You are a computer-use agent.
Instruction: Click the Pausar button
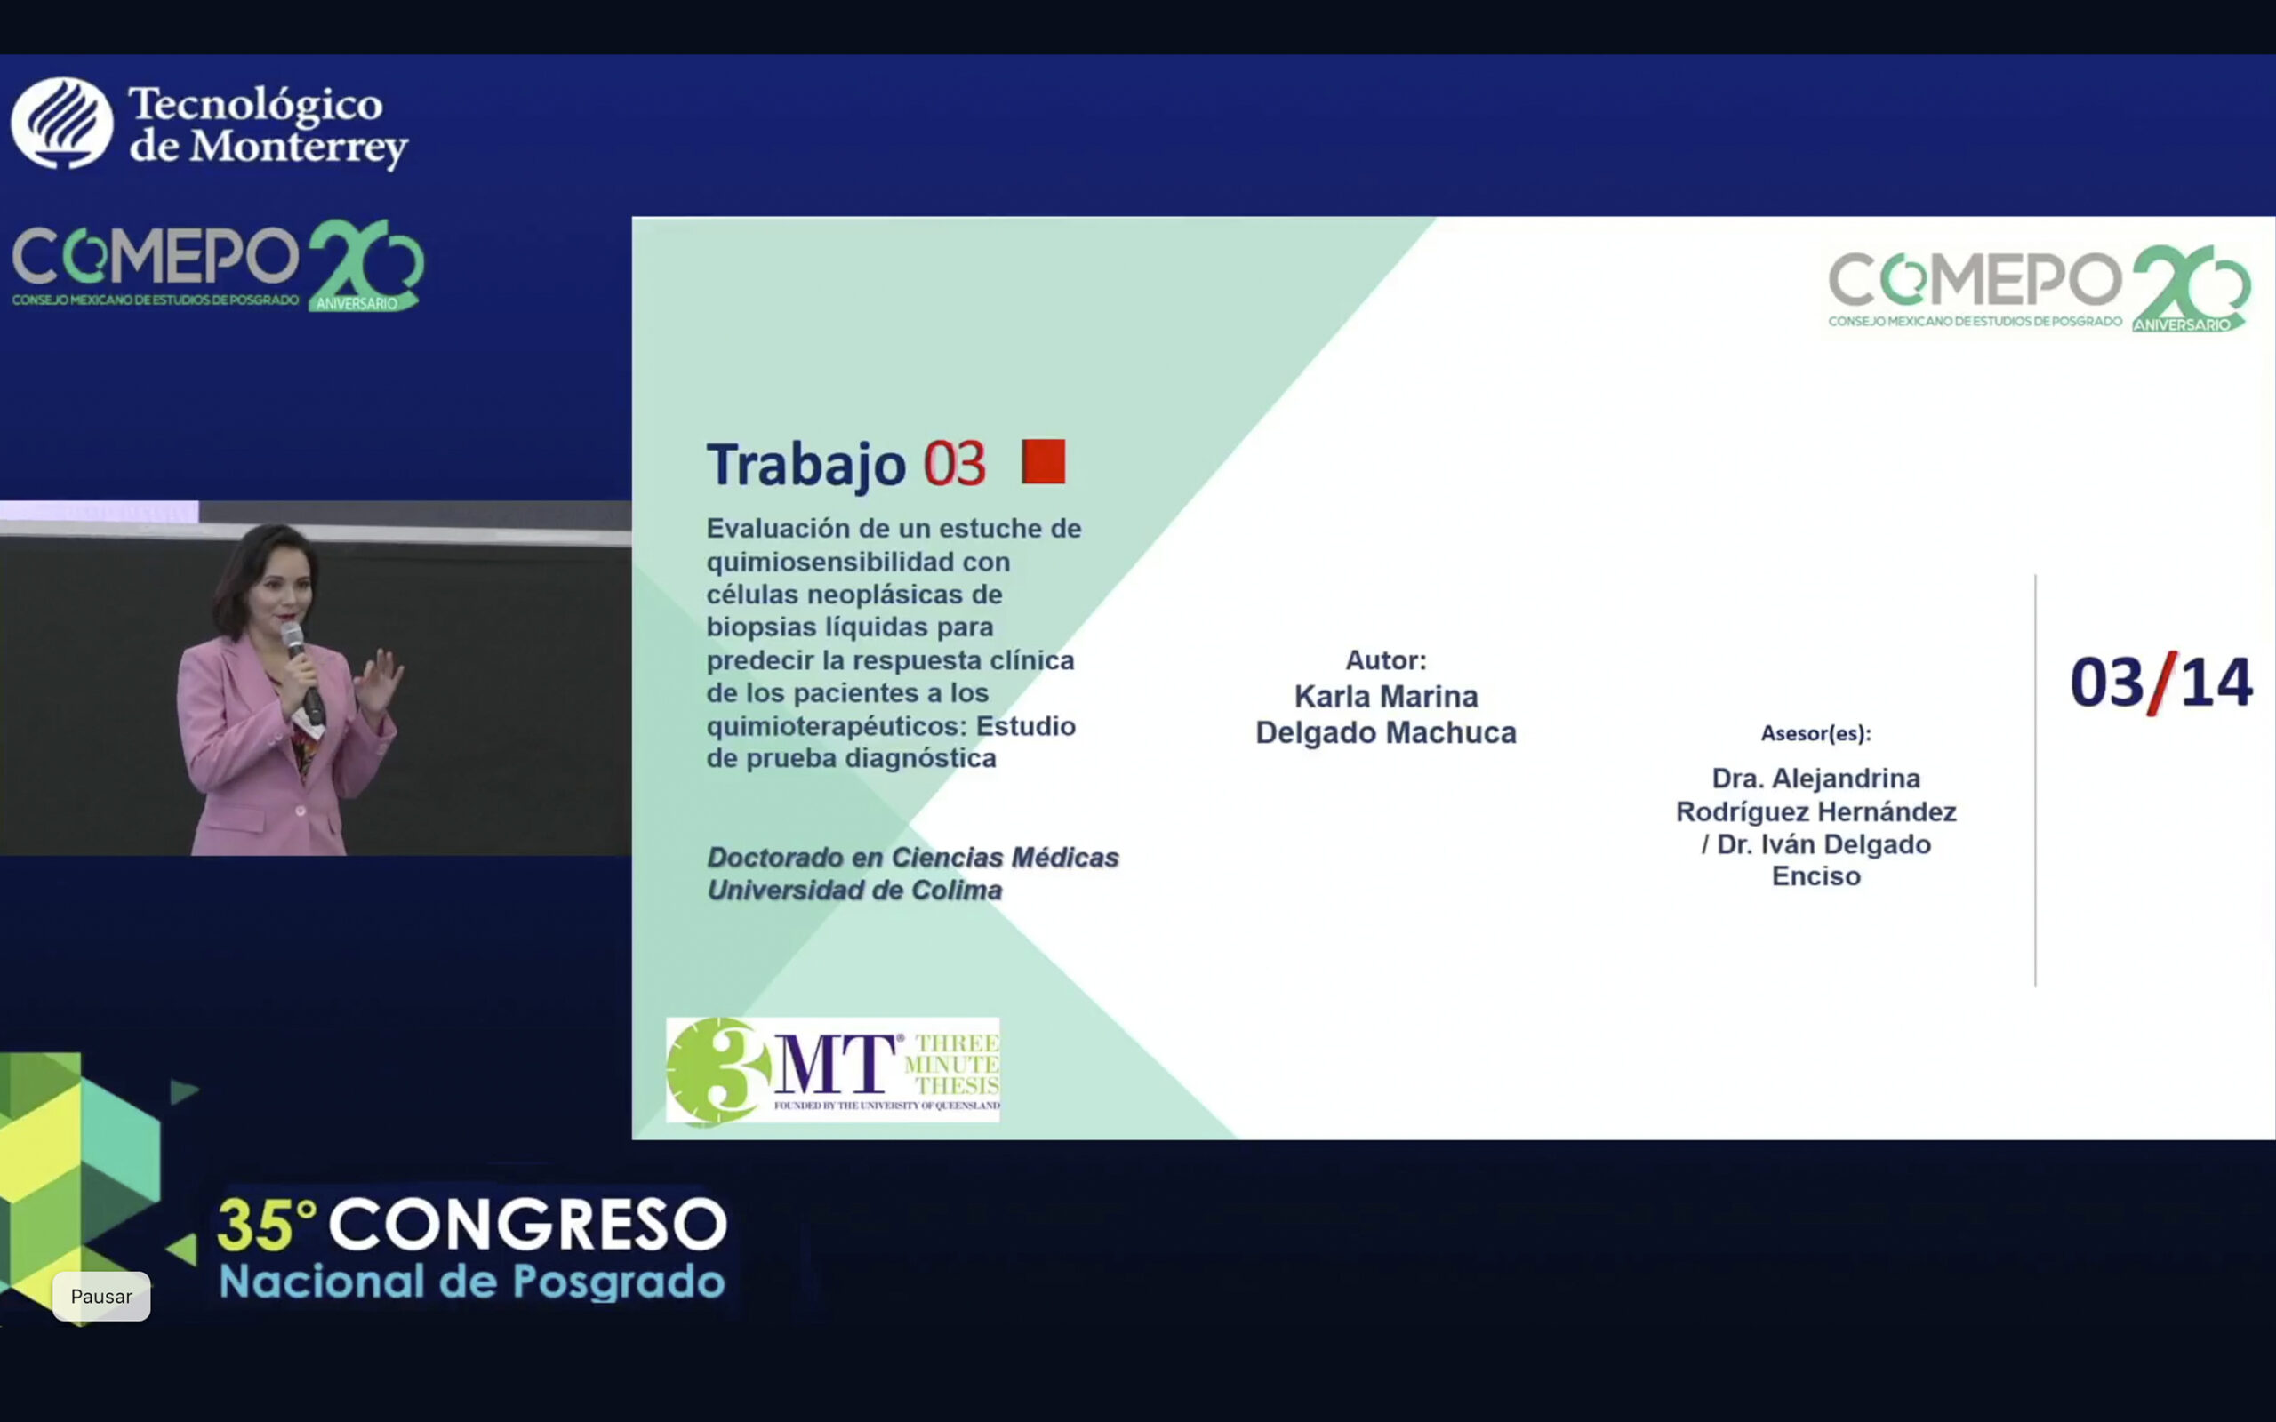(101, 1296)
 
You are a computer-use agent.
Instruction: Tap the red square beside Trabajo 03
(1043, 462)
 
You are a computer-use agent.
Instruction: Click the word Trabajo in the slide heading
(806, 464)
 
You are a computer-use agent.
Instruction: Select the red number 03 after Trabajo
(954, 464)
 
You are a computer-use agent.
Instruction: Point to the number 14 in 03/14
(2216, 682)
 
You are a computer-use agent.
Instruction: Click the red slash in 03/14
(2161, 683)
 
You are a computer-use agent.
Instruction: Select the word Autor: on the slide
(1385, 660)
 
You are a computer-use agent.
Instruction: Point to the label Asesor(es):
(1815, 733)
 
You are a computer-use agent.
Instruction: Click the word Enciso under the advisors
(1816, 876)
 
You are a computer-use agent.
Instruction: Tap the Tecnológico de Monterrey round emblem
(62, 124)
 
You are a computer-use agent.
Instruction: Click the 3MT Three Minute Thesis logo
(832, 1070)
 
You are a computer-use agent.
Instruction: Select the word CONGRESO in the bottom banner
(527, 1225)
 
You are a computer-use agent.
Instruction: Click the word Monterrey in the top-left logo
(299, 148)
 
